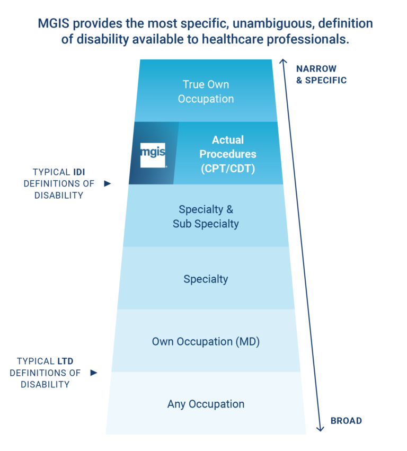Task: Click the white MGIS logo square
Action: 153,154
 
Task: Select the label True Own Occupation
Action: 206,92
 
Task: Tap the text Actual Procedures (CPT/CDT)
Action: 227,154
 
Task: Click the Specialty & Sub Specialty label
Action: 206,216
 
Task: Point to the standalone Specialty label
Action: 206,279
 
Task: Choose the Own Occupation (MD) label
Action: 206,341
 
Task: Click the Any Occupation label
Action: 206,404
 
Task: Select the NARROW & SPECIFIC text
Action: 321,75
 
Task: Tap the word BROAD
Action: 346,421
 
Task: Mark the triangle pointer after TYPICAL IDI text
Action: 108,183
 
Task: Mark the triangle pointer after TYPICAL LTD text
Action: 94,373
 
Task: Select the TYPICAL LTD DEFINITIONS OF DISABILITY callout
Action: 46,373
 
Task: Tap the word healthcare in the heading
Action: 229,40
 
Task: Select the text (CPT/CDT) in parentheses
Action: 227,169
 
